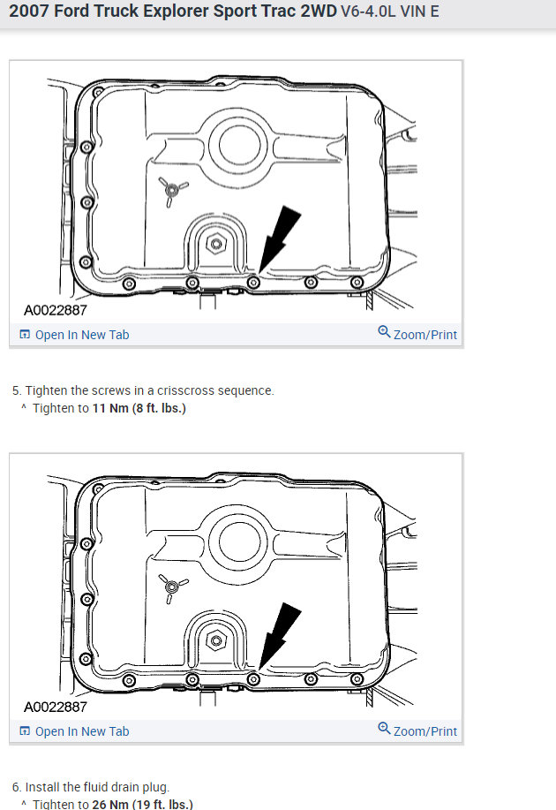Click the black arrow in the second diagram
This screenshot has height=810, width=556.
coord(281,632)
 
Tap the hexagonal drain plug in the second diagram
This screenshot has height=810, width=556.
coord(214,639)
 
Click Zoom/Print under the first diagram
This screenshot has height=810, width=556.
coord(417,335)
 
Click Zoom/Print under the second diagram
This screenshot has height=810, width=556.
coord(417,731)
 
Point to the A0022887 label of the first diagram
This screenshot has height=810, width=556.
coord(56,311)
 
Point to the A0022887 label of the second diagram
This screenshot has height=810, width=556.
coord(56,708)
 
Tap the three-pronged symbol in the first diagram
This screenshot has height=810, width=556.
coord(168,189)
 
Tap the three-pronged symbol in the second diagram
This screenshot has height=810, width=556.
coord(168,586)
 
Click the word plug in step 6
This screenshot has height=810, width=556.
coord(154,787)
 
